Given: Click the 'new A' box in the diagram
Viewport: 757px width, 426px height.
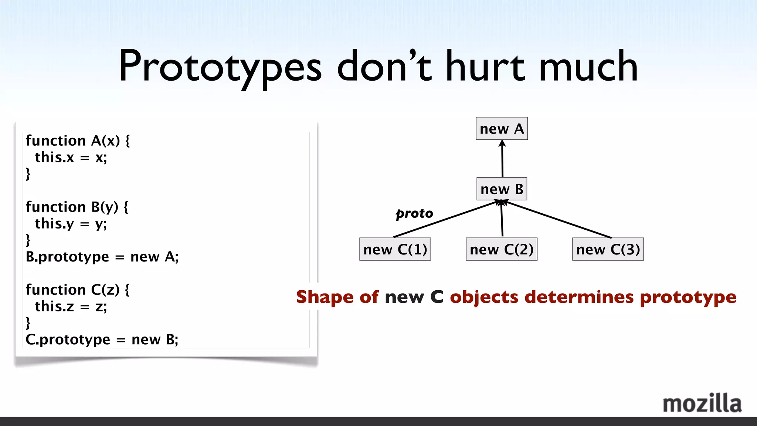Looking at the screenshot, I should coord(502,129).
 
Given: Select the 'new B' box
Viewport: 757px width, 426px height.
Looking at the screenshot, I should coord(502,189).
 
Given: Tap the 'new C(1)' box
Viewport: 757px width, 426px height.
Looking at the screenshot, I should coord(395,249).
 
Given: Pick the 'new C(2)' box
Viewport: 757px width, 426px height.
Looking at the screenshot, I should coord(502,249).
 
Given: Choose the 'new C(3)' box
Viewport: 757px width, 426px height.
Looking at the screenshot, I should coord(608,249).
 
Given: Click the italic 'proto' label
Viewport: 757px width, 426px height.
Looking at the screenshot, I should coord(414,213).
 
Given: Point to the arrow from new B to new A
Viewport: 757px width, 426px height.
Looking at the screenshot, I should coord(502,159).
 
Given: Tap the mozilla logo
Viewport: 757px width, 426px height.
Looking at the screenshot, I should coord(702,403).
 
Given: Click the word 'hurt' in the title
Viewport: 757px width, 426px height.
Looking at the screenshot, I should coord(485,67).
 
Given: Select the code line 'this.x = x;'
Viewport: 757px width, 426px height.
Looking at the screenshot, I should coord(71,158).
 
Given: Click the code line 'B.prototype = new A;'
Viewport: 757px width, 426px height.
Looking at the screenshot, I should coord(102,257).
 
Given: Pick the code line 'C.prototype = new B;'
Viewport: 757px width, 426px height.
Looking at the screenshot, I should coord(102,339).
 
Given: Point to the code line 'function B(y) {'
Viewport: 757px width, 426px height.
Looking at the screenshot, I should coord(77,207).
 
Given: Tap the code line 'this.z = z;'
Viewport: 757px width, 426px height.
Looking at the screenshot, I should coord(71,307).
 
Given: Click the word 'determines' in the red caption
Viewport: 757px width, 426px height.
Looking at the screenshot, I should coord(579,297).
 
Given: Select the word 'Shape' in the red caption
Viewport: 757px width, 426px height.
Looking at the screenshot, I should coord(325,297).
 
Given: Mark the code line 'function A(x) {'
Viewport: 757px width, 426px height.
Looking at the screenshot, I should coord(78,141).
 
